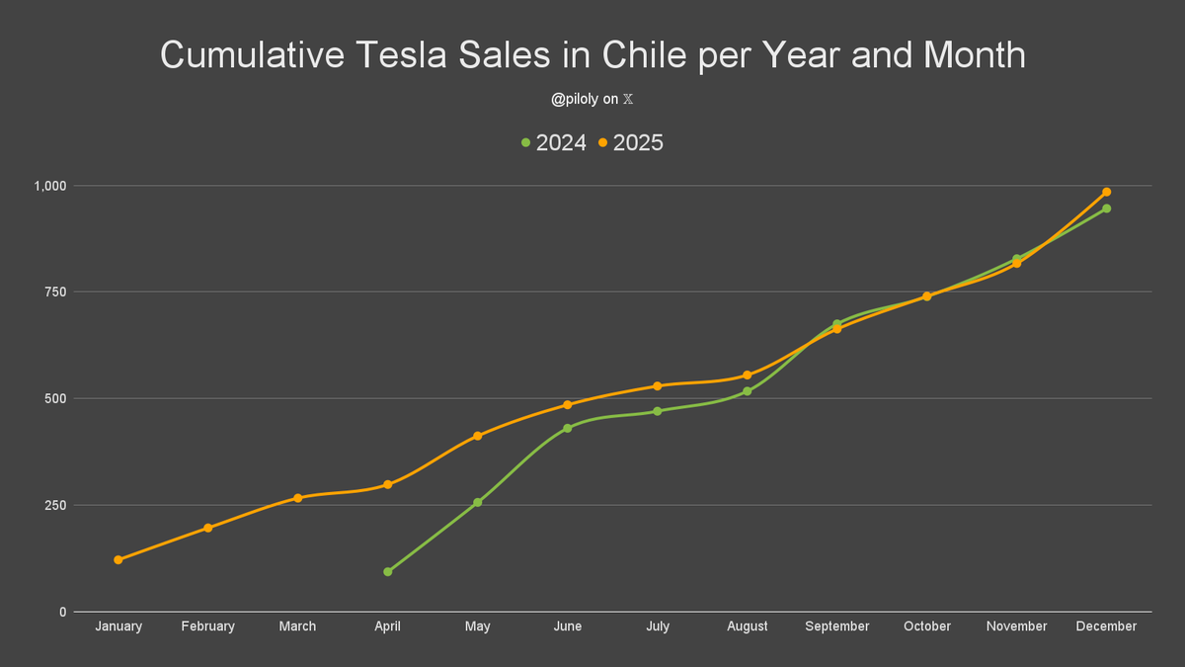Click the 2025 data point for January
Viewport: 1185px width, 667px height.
click(118, 560)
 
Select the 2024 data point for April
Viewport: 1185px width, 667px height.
click(388, 572)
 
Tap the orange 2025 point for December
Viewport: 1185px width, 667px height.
click(1106, 192)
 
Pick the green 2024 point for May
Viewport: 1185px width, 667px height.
click(478, 503)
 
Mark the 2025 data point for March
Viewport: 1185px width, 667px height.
click(298, 498)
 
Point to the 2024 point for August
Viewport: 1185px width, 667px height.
click(748, 391)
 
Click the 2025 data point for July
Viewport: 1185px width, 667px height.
click(658, 385)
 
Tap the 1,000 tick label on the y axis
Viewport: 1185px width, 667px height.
click(50, 186)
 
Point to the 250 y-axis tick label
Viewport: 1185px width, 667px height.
click(55, 506)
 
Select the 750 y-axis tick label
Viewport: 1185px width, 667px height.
click(55, 292)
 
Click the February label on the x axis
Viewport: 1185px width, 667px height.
click(208, 626)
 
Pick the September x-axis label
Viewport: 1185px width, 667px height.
click(837, 626)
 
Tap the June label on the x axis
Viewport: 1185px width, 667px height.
click(568, 626)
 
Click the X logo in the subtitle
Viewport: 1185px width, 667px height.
click(640, 100)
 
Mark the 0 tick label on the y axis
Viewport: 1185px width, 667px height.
click(62, 613)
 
